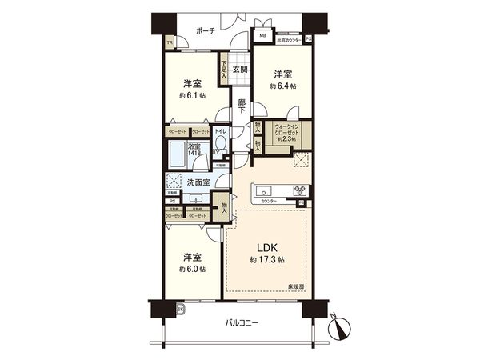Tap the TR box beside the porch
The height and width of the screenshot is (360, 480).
169,43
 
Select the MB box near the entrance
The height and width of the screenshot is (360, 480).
262,37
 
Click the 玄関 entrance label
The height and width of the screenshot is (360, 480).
240,70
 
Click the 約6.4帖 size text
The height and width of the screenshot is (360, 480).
283,86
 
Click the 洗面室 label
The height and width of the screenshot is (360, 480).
200,182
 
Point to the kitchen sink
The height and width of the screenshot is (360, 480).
264,190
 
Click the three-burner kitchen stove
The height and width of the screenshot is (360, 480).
299,190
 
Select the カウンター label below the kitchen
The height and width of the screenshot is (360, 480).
269,202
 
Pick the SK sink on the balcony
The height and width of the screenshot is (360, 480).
180,309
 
